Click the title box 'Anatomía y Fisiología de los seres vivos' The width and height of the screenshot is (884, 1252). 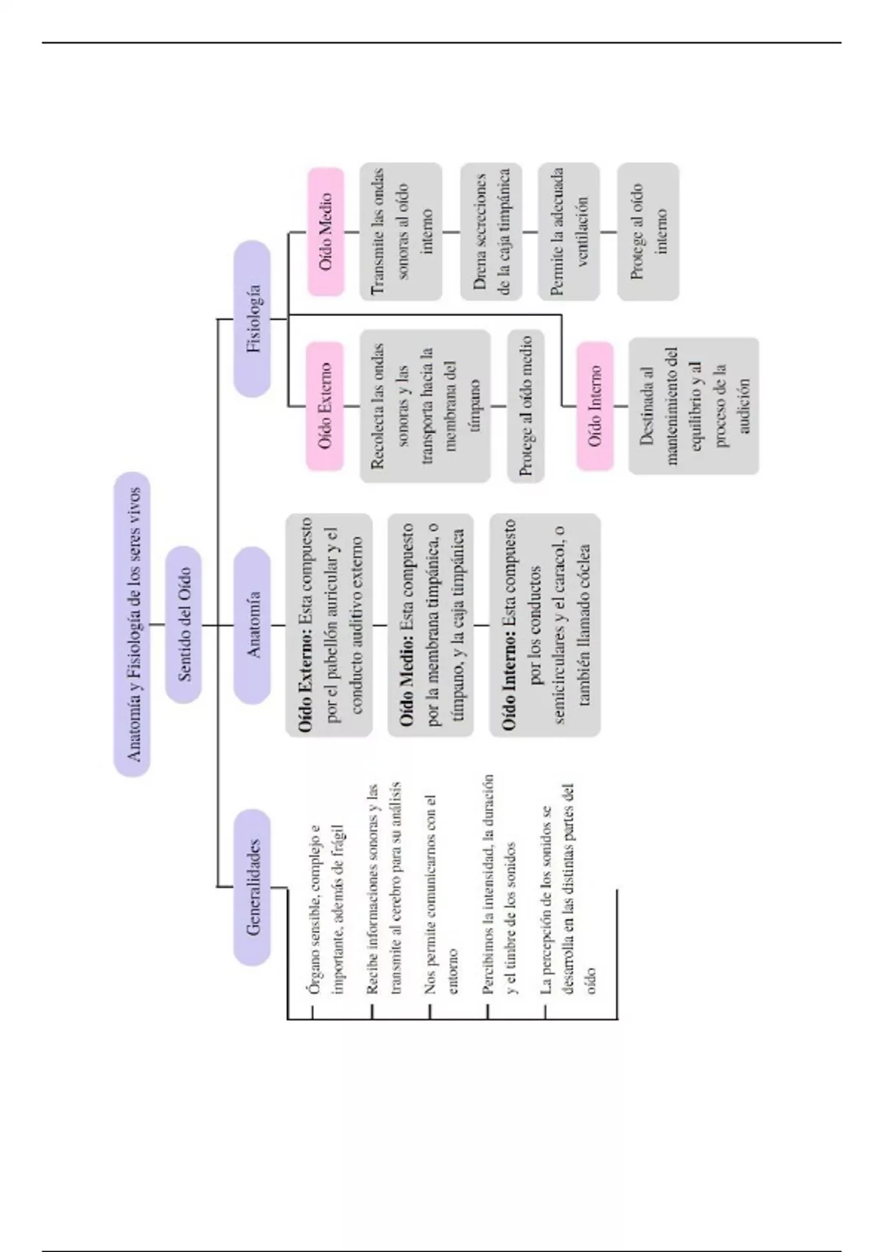[133, 624]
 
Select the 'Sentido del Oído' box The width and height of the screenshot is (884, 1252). [183, 624]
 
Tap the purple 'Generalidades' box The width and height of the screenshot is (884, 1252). [252, 887]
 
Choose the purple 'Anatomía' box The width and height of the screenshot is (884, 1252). [252, 625]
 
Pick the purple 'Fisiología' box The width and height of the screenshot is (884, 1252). [252, 318]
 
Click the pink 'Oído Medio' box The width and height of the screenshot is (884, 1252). [326, 231]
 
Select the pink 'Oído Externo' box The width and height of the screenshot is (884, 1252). [325, 405]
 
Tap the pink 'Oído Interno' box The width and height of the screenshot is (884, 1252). [594, 405]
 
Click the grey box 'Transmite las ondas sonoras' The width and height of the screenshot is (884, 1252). [401, 231]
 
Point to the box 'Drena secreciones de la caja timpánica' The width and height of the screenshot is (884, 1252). [491, 231]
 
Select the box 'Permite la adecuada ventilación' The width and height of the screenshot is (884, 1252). [568, 231]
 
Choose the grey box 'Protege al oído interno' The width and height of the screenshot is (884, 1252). [648, 231]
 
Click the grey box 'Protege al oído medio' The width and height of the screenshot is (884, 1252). [525, 406]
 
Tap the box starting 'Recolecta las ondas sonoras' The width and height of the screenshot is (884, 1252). [425, 406]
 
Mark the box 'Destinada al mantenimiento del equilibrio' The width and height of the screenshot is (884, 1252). [693, 406]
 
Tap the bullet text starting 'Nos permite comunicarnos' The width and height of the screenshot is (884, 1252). [441, 894]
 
